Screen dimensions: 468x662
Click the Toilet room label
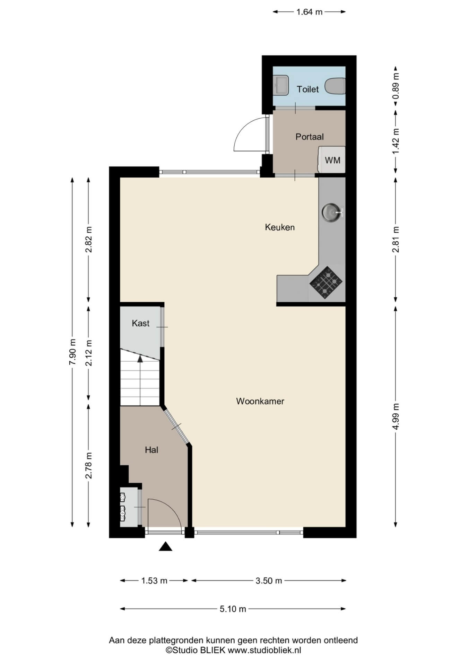pyautogui.click(x=307, y=89)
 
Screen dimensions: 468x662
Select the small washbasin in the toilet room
pyautogui.click(x=281, y=85)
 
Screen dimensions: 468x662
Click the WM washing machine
pyautogui.click(x=332, y=160)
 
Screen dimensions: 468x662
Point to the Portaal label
pyautogui.click(x=310, y=137)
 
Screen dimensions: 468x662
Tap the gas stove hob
pyautogui.click(x=326, y=283)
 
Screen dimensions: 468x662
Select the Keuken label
pyautogui.click(x=280, y=227)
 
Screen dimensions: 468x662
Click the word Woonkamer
pyautogui.click(x=260, y=401)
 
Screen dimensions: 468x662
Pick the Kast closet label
pyautogui.click(x=140, y=323)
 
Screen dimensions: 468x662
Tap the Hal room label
pyautogui.click(x=151, y=450)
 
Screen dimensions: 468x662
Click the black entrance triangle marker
pyautogui.click(x=166, y=546)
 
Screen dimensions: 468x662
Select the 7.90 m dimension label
pyautogui.click(x=72, y=352)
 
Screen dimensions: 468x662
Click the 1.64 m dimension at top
pyautogui.click(x=309, y=12)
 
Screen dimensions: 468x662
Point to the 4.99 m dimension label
pyautogui.click(x=396, y=416)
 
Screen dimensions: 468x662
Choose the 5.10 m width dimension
pyautogui.click(x=233, y=609)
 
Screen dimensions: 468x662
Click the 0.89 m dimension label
pyautogui.click(x=396, y=85)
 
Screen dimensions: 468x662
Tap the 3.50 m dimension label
pyautogui.click(x=269, y=581)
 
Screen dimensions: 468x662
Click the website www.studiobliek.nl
pyautogui.click(x=264, y=650)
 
